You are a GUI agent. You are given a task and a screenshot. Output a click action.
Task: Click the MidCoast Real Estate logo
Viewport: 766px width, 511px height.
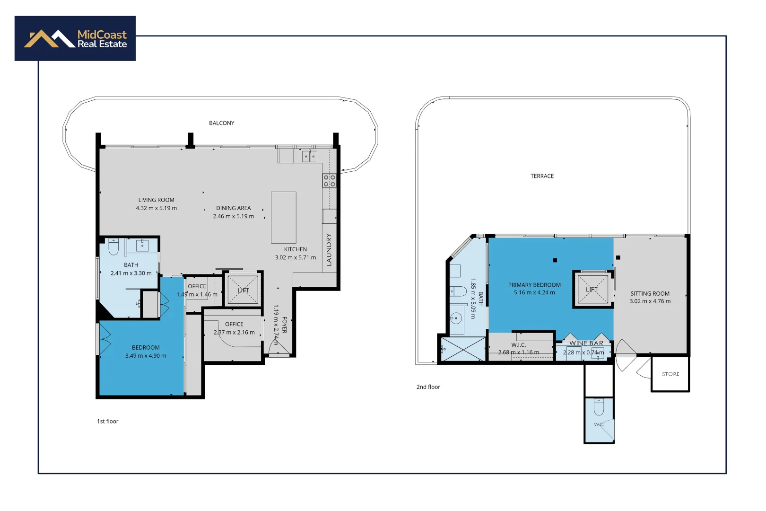pyautogui.click(x=75, y=39)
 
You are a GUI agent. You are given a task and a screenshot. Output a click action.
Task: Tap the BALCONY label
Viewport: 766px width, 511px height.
pyautogui.click(x=222, y=123)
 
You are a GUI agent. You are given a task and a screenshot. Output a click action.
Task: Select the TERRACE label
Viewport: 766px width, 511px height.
pyautogui.click(x=542, y=176)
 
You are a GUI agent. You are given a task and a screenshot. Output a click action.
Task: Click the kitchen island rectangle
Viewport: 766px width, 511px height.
pyautogui.click(x=284, y=218)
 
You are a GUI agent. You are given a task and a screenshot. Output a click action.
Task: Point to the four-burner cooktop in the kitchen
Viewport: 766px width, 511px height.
pyautogui.click(x=330, y=181)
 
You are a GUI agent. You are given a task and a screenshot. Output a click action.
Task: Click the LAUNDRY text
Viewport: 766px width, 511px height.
pyautogui.click(x=329, y=249)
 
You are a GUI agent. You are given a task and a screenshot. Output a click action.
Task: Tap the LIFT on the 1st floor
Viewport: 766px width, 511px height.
pyautogui.click(x=243, y=290)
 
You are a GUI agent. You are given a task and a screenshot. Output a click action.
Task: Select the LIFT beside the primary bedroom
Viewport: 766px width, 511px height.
pyautogui.click(x=592, y=289)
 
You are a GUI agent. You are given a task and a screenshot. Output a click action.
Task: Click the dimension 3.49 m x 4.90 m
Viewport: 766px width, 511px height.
pyautogui.click(x=146, y=356)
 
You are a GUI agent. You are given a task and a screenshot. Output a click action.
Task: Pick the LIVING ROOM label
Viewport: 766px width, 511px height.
pyautogui.click(x=157, y=200)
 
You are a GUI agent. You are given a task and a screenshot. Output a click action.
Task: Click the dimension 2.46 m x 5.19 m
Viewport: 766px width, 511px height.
pyautogui.click(x=234, y=216)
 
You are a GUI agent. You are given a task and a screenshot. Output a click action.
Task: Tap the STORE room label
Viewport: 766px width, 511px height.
pyautogui.click(x=670, y=374)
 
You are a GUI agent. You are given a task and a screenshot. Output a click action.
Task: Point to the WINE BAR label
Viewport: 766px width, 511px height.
pyautogui.click(x=586, y=343)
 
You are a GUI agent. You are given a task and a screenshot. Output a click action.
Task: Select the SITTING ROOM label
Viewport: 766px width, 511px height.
pyautogui.click(x=650, y=293)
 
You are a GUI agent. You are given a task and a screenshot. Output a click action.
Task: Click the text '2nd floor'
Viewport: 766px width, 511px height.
pyautogui.click(x=428, y=387)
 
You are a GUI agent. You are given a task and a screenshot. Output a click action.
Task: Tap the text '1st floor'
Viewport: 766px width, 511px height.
pyautogui.click(x=108, y=421)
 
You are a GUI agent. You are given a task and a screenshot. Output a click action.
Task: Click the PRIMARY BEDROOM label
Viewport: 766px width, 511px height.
pyautogui.click(x=534, y=285)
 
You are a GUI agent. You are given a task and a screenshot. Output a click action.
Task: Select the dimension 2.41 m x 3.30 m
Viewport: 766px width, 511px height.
pyautogui.click(x=131, y=273)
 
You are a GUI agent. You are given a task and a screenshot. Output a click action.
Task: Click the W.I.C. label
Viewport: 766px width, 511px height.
pyautogui.click(x=518, y=345)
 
